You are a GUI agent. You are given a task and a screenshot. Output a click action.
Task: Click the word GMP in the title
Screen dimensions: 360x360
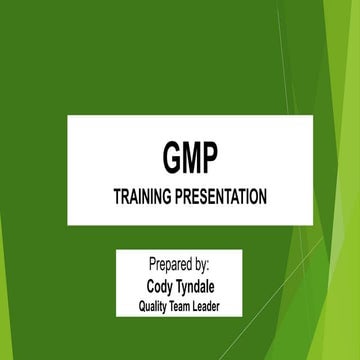(189, 158)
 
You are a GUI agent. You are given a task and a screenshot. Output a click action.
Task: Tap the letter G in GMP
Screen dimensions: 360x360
(171, 158)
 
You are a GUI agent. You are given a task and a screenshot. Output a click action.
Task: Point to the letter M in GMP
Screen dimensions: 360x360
(190, 158)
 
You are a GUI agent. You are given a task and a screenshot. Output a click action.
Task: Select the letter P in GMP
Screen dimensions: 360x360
(208, 158)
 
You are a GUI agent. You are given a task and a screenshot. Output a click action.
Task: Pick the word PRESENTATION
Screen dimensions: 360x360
(220, 197)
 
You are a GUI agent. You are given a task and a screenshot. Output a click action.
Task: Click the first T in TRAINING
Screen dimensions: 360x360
(116, 197)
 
